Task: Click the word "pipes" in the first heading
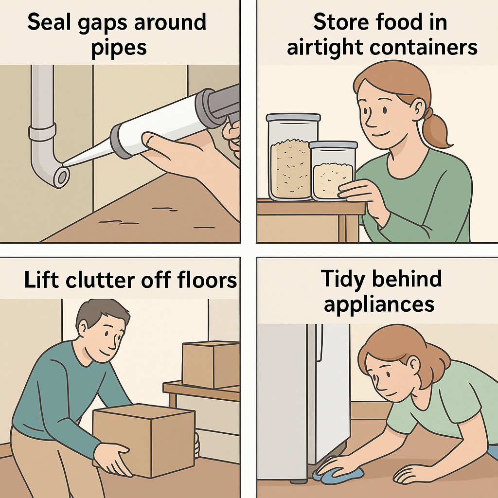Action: [119, 49]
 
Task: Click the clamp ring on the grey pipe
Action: [42, 132]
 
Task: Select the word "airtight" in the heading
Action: [324, 48]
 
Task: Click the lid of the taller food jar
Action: [293, 117]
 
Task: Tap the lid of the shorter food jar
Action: [333, 145]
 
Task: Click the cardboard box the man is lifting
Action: [144, 440]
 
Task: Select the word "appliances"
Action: [379, 305]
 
